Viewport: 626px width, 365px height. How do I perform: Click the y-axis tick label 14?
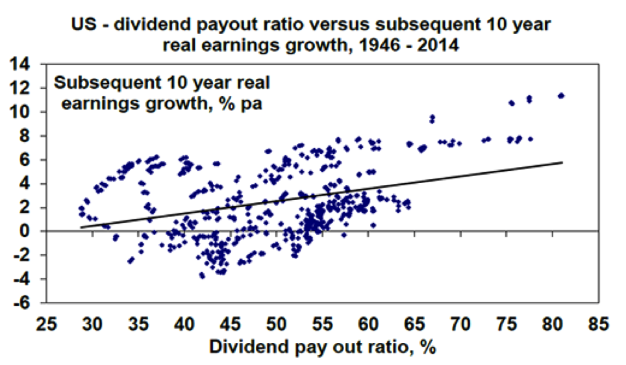[30, 64]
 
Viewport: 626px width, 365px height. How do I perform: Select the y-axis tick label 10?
[30, 112]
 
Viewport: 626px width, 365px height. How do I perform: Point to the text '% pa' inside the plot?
[238, 104]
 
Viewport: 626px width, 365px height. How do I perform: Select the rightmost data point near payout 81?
[561, 95]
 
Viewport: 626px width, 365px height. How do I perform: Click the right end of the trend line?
[562, 162]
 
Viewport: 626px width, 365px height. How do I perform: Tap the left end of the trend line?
[81, 227]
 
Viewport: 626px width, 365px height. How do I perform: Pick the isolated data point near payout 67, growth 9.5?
[432, 118]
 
